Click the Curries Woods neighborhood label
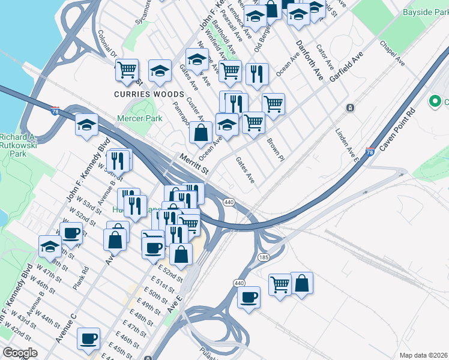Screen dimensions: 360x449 [x=149, y=95]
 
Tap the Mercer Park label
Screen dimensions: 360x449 [x=140, y=119]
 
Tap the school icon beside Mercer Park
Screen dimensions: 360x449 [x=87, y=125]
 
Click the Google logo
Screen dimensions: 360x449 [x=20, y=352]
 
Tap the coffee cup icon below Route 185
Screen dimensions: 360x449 [x=249, y=297]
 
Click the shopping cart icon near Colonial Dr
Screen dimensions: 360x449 [x=127, y=70]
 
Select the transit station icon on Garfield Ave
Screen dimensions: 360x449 [x=350, y=108]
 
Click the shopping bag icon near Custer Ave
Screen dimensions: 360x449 [x=202, y=132]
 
